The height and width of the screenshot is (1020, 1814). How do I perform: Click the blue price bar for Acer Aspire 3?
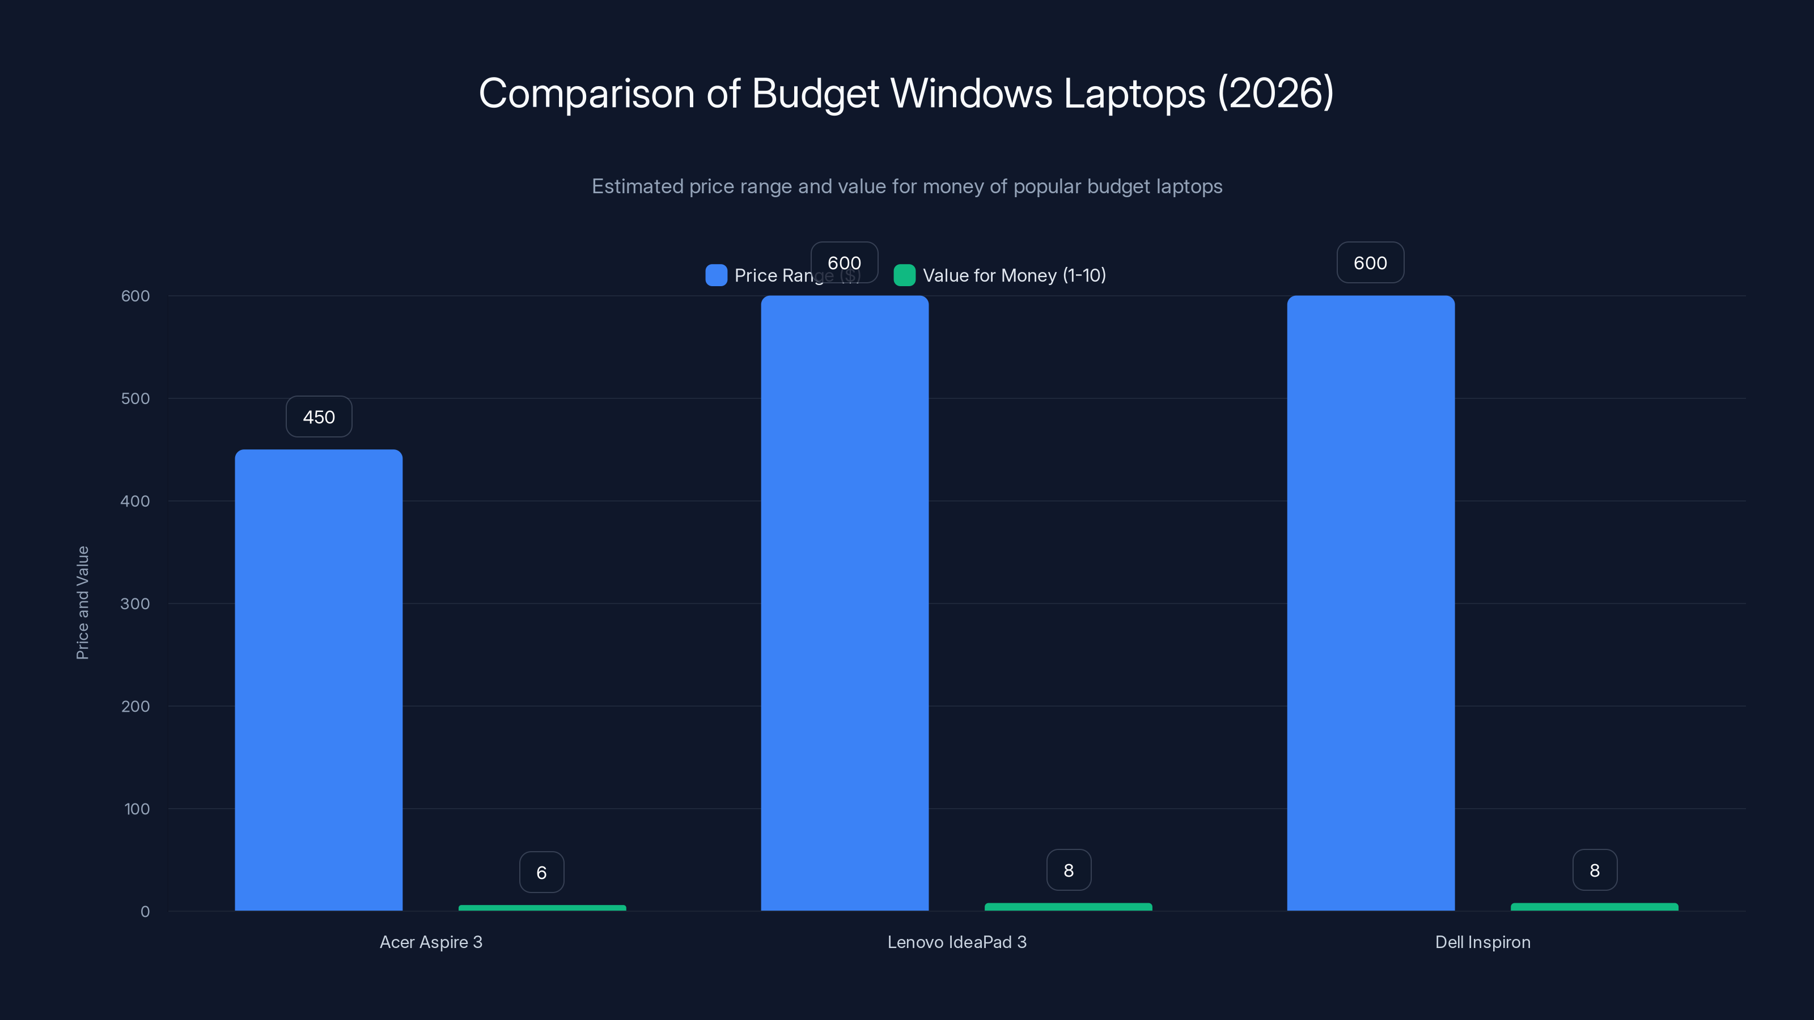318,679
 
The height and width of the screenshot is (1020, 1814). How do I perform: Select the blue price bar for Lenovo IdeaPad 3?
844,602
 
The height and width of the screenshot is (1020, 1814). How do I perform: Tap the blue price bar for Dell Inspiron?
1370,602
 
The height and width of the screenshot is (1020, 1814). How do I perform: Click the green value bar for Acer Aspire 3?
541,908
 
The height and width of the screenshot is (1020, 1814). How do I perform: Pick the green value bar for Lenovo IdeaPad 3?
1068,907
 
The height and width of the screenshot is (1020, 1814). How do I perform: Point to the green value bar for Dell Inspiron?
1594,907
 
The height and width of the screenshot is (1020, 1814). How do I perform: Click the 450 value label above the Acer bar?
318,416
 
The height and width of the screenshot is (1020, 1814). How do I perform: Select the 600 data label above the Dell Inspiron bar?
1370,262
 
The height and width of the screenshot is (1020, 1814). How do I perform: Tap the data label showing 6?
541,872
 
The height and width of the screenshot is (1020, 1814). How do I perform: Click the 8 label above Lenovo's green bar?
1068,870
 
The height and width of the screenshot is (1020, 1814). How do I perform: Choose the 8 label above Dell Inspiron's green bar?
1594,870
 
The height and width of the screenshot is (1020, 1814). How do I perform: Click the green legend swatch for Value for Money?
904,275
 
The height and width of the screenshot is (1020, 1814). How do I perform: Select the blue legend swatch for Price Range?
716,275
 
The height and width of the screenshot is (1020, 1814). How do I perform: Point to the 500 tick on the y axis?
135,398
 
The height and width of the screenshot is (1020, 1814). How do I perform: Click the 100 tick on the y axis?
137,809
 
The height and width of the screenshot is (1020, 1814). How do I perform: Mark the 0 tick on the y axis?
145,912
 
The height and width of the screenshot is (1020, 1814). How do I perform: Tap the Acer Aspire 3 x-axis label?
431,942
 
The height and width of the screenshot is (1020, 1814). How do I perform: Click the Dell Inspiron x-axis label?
1482,942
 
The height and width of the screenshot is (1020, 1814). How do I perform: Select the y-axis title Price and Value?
82,602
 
